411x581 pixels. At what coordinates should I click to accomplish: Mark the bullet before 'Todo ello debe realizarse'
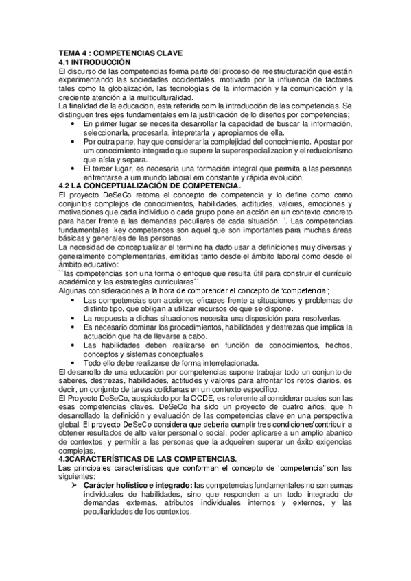tap(73, 362)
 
